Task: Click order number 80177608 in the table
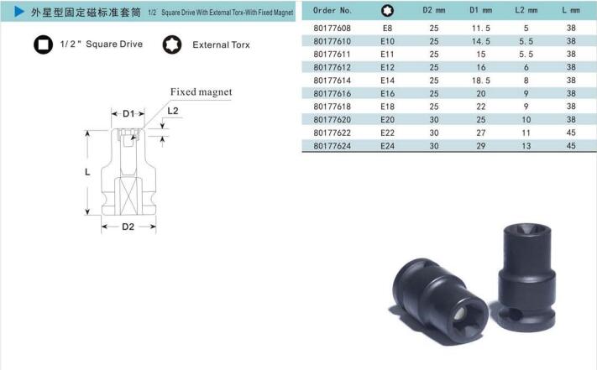[332, 29]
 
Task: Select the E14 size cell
[387, 81]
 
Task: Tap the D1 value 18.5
[481, 81]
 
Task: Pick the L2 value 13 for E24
[526, 146]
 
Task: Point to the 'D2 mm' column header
[433, 10]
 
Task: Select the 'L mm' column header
[571, 10]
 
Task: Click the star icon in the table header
[387, 11]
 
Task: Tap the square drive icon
[43, 44]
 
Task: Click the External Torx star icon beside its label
[172, 44]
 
